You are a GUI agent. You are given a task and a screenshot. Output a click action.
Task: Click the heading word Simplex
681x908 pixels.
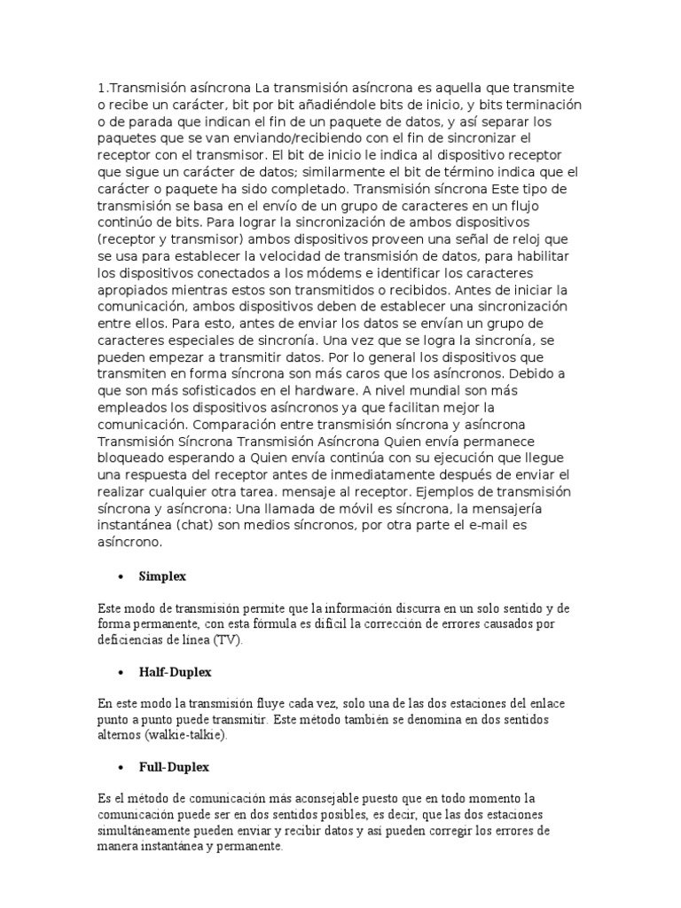161,576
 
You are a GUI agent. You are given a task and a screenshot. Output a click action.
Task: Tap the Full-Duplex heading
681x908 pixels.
173,766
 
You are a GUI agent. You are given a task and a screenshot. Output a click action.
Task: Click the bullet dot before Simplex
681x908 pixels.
119,577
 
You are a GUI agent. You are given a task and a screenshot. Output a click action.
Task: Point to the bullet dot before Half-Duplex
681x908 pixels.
119,672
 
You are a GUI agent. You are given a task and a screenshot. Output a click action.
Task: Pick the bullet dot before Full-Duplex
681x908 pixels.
119,767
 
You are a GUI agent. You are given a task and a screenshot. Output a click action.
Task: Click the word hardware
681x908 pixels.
386,391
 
